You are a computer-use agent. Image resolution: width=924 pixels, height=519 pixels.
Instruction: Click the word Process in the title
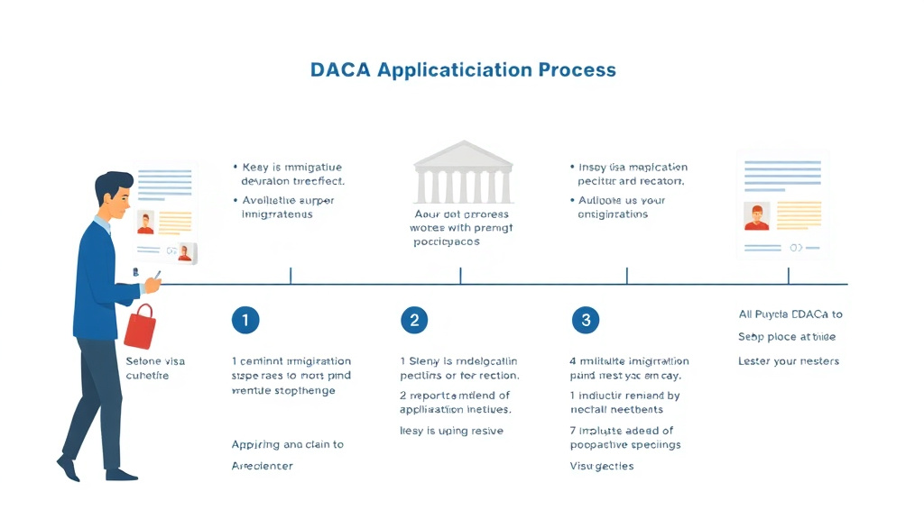[x=577, y=70]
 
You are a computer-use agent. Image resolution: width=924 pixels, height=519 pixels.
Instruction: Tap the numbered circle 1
[x=245, y=319]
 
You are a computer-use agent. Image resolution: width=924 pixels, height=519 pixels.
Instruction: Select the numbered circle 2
[x=413, y=319]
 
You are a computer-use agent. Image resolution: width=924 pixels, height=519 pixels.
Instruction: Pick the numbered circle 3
[x=586, y=319]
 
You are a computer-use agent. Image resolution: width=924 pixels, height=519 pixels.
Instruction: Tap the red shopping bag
[x=140, y=326]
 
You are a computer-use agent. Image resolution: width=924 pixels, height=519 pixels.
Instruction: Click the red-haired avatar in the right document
[x=756, y=216]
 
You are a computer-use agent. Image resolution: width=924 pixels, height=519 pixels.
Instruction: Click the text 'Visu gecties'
[x=602, y=466]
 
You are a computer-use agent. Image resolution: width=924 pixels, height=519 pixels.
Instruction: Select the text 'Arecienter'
[x=263, y=466]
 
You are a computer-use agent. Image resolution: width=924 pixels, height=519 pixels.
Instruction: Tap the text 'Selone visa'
[x=155, y=361]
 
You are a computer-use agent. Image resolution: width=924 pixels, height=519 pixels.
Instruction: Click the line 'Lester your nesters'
[x=789, y=361]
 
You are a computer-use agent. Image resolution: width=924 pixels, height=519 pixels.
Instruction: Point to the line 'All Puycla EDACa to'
[x=790, y=314]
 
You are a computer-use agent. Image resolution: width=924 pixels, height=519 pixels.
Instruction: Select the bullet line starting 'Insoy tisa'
[x=632, y=167]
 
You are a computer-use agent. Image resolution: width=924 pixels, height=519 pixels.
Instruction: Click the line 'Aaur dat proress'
[x=461, y=214]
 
